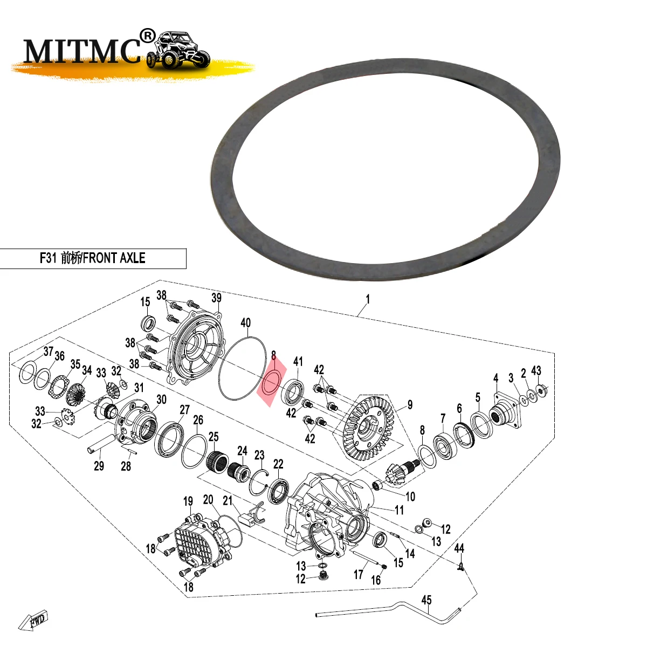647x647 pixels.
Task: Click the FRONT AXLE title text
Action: (x=93, y=258)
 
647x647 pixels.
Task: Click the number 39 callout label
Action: (x=216, y=298)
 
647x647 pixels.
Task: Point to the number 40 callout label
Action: (x=245, y=323)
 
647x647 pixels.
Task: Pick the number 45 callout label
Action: (x=426, y=600)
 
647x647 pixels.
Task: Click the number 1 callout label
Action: (x=368, y=299)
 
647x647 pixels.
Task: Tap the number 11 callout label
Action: (x=399, y=510)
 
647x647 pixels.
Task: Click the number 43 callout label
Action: (x=536, y=371)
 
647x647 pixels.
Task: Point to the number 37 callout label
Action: (x=49, y=352)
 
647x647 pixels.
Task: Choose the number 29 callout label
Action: (x=99, y=466)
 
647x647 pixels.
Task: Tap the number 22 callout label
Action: (x=278, y=464)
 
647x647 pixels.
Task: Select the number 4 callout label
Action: (x=495, y=378)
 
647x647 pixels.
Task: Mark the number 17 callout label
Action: (x=359, y=575)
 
